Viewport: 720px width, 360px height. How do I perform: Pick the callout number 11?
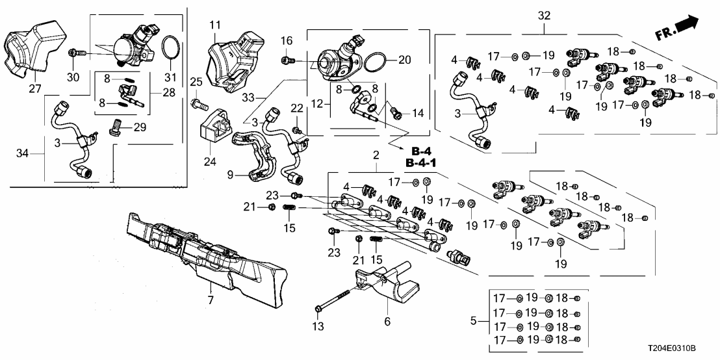[215, 25]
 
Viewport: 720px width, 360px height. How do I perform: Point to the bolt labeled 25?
[198, 101]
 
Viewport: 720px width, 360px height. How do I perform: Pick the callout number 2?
[376, 155]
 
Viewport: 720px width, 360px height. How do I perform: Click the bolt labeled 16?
[286, 60]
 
